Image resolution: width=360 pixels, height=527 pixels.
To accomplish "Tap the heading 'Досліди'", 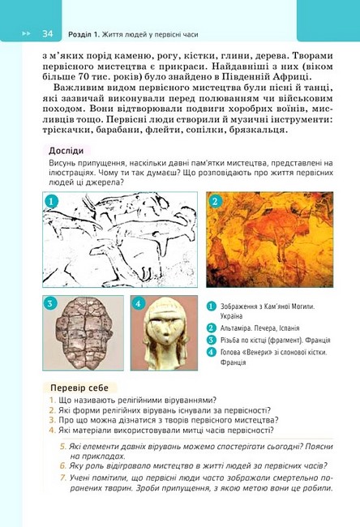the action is (x=66, y=150).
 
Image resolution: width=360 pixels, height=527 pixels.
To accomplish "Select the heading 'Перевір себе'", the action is (x=79, y=388).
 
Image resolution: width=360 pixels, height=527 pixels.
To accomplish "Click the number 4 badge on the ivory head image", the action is (x=137, y=304).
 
